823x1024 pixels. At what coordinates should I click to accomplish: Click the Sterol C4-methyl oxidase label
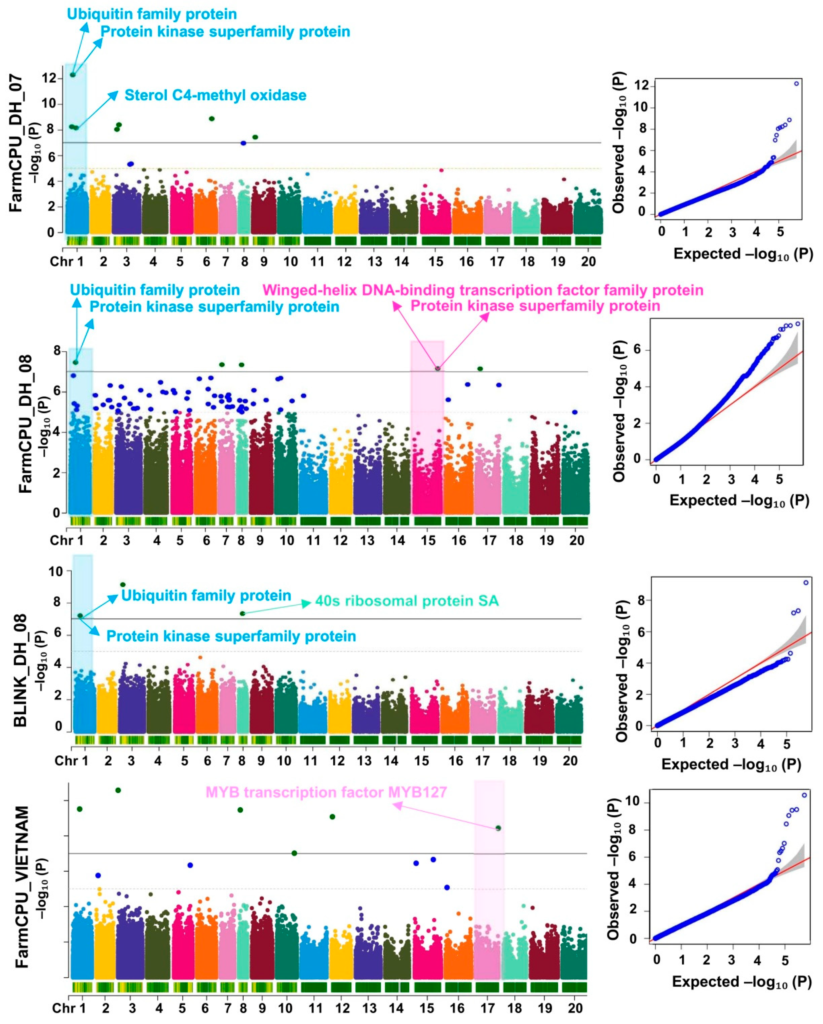[x=215, y=95]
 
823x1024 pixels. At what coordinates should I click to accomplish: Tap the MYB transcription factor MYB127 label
[x=326, y=792]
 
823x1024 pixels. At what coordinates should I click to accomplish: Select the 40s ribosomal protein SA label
[x=407, y=601]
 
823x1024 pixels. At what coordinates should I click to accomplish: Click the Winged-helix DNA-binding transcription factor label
[x=483, y=290]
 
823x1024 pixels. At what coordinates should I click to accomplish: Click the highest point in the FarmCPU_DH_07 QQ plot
[x=796, y=84]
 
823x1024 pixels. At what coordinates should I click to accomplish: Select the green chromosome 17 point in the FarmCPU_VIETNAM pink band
[x=498, y=828]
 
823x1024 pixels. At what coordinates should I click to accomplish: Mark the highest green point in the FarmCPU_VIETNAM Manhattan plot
[x=118, y=790]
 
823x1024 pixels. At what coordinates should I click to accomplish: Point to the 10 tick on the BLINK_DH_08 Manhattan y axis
[x=56, y=571]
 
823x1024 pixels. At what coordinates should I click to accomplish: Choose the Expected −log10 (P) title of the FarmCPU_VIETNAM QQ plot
[x=741, y=981]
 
